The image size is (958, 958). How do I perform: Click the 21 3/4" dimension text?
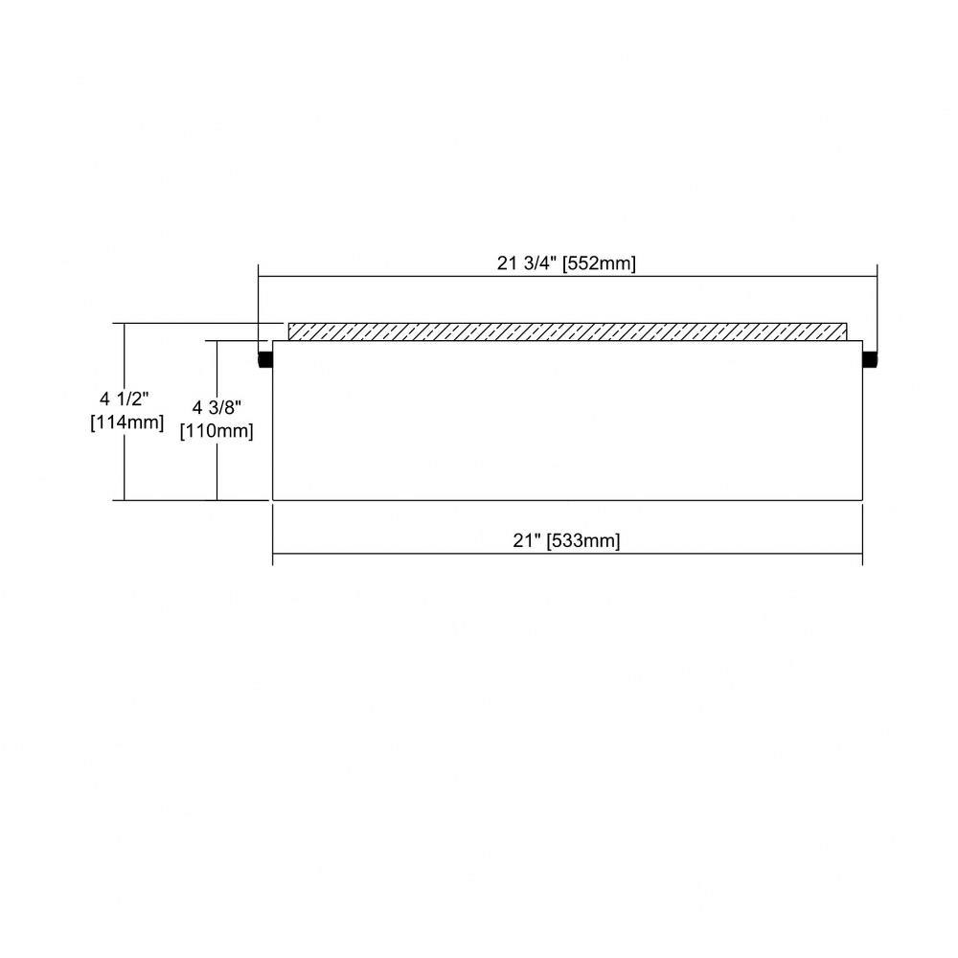(x=527, y=263)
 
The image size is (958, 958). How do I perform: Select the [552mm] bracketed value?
(x=600, y=264)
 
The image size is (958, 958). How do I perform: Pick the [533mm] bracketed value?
(x=583, y=540)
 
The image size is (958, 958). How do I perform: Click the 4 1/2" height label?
(x=125, y=399)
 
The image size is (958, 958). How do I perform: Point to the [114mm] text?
(x=127, y=422)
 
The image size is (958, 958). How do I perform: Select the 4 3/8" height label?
(x=217, y=407)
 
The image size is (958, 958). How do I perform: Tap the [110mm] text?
(x=217, y=431)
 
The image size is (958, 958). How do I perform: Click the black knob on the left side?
(x=265, y=359)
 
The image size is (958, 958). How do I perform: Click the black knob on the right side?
(x=870, y=359)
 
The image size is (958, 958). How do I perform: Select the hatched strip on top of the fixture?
(x=567, y=331)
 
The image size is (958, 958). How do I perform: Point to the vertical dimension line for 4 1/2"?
(x=125, y=412)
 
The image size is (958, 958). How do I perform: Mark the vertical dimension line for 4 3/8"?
(x=217, y=421)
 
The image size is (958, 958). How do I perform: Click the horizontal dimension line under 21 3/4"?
(x=567, y=276)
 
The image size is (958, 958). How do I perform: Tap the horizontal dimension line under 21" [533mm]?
(x=567, y=554)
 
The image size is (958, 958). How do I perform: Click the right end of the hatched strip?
(x=847, y=331)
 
